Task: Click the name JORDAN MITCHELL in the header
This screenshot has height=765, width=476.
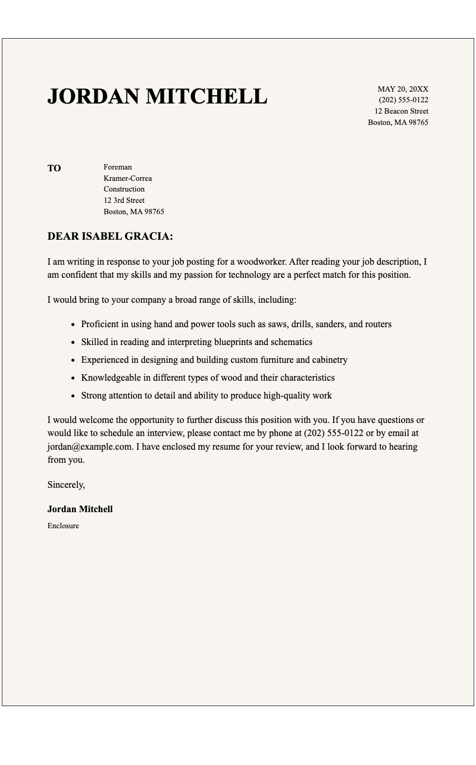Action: [x=157, y=96]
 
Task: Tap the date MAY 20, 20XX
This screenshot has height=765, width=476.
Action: [x=403, y=89]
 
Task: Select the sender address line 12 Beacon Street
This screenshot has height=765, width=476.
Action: [x=401, y=111]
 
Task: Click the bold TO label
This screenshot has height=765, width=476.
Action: [x=54, y=168]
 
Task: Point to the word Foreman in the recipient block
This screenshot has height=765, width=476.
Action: [x=118, y=167]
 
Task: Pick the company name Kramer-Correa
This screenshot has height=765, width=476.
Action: [x=127, y=178]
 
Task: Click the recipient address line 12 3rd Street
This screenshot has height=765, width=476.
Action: [x=124, y=200]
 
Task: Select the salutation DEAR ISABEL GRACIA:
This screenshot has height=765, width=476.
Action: [x=110, y=237]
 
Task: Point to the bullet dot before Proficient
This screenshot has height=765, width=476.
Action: [x=73, y=325]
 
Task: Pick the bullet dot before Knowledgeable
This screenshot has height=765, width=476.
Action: [x=73, y=378]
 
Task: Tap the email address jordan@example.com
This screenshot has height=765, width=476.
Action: [x=89, y=447]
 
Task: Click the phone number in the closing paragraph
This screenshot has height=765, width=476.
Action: [x=333, y=433]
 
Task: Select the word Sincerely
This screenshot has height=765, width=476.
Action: [x=66, y=485]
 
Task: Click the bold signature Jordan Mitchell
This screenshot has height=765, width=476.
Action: [x=80, y=509]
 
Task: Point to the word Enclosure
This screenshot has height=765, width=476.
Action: [x=63, y=526]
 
